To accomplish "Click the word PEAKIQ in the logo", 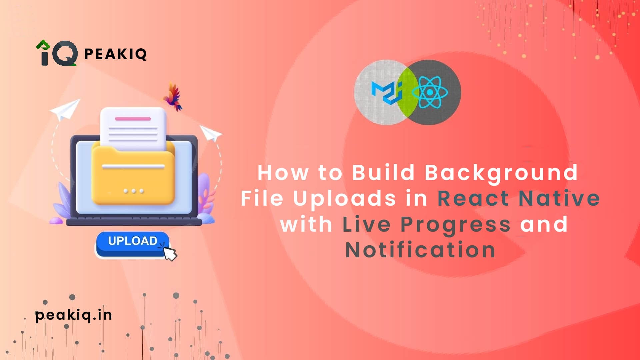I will click(x=115, y=54).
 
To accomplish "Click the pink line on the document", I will click(x=133, y=119).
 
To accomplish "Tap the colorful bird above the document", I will click(x=173, y=97).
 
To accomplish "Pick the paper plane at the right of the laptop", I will click(x=210, y=133).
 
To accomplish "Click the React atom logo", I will click(x=430, y=92).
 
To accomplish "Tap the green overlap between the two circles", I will click(x=407, y=92).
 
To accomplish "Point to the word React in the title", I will click(x=473, y=198).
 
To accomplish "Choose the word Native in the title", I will click(x=559, y=198).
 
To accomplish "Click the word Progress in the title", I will click(x=455, y=225).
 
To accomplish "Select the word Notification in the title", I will click(x=420, y=250).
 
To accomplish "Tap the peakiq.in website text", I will click(x=74, y=315).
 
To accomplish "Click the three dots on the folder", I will click(x=133, y=191).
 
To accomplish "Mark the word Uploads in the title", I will click(x=345, y=199).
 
